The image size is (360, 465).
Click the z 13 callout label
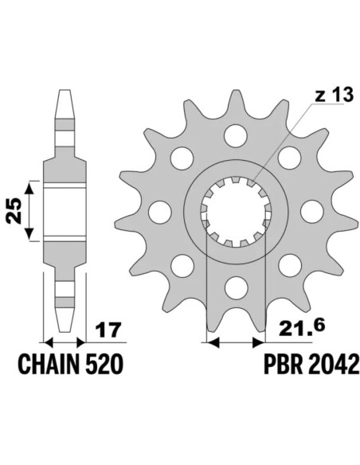coord(334,95)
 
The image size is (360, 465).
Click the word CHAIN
coord(49,365)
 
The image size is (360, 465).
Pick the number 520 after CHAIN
coord(104,365)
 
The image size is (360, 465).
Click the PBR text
coord(283,365)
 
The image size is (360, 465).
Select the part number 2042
coord(333,365)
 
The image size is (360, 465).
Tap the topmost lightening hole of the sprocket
coord(236,136)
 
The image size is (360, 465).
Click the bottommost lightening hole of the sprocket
coord(236,287)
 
